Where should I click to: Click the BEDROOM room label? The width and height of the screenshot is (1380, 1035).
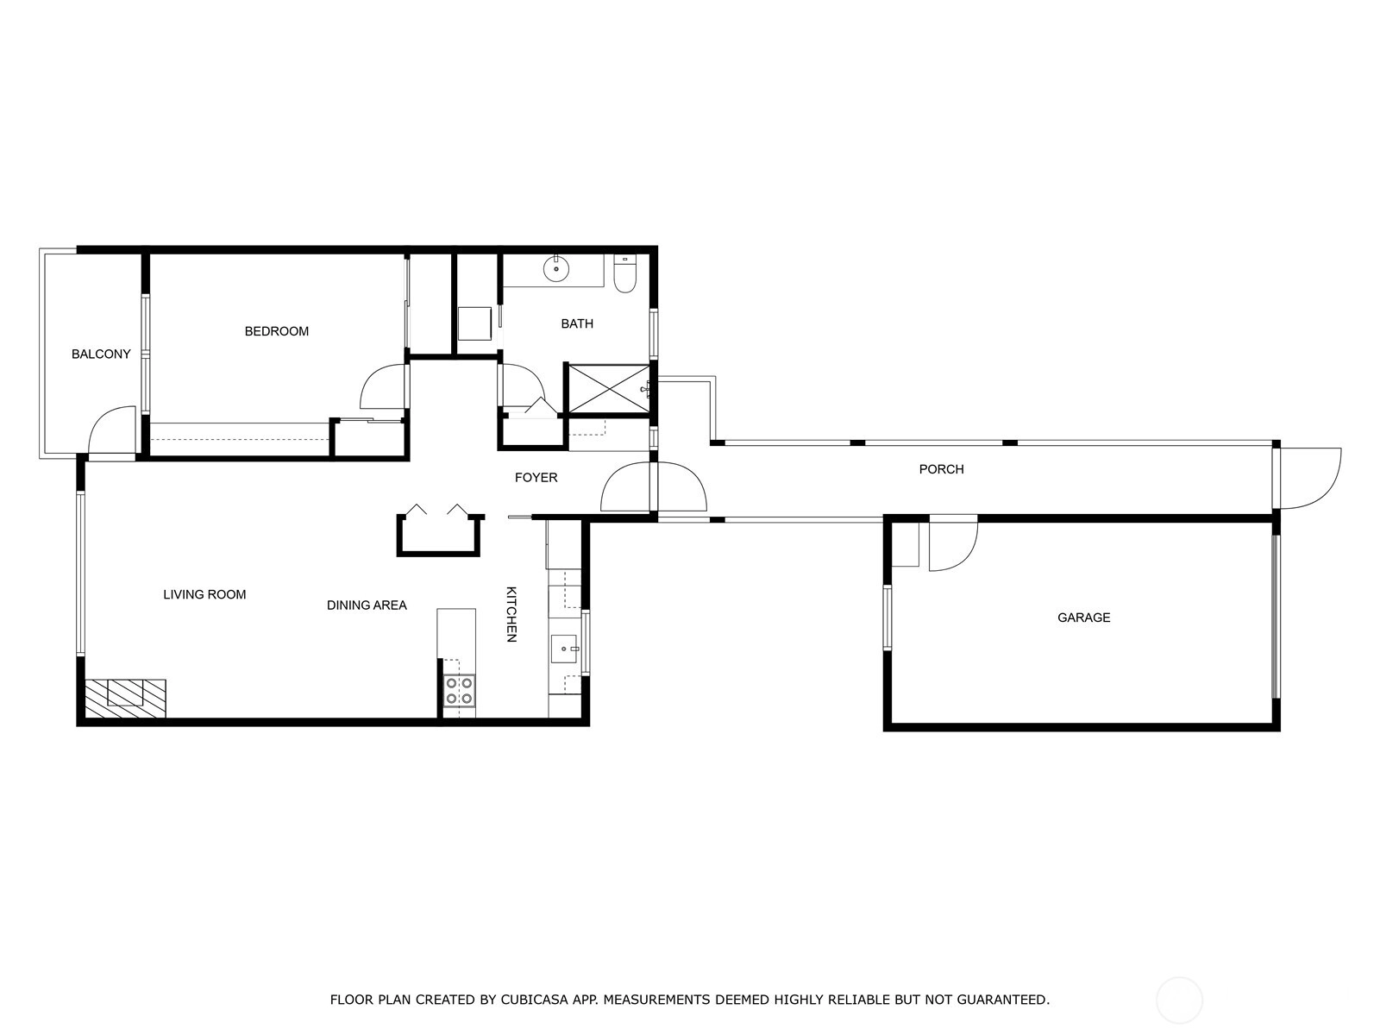click(277, 331)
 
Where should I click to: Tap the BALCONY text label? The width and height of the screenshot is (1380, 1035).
click(101, 354)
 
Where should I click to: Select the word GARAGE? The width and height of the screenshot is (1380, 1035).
click(1083, 618)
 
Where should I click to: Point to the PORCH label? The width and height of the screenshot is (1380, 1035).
click(941, 469)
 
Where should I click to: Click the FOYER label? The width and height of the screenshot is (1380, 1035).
click(536, 478)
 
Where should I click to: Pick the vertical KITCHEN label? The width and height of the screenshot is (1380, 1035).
click(511, 614)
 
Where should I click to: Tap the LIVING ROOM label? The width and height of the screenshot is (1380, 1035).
click(204, 594)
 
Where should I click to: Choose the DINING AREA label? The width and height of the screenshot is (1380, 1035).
click(367, 605)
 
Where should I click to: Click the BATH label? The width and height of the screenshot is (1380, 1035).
click(576, 323)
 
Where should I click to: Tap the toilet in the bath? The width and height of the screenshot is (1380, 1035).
click(624, 273)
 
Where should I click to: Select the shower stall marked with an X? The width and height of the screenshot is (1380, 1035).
click(609, 389)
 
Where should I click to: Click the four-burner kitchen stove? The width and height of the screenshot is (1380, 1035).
click(459, 690)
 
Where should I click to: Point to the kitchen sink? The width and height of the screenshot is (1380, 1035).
click(564, 649)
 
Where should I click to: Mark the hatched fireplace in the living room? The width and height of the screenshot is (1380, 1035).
click(125, 698)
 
